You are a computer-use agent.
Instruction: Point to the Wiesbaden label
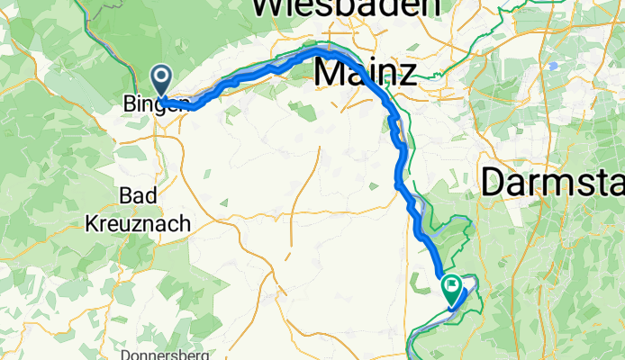click(x=347, y=7)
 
